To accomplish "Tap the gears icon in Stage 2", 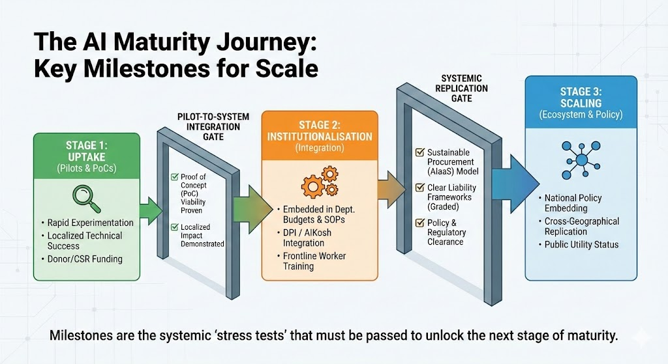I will click(320, 182).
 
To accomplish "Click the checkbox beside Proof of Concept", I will click(174, 176).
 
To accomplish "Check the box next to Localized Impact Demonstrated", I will click(174, 227).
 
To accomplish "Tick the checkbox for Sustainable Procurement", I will click(421, 152).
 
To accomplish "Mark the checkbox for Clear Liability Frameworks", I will click(421, 188).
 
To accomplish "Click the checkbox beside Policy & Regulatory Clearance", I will click(421, 223).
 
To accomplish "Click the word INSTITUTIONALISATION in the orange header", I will click(320, 137).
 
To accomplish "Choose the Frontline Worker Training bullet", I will click(315, 260).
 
